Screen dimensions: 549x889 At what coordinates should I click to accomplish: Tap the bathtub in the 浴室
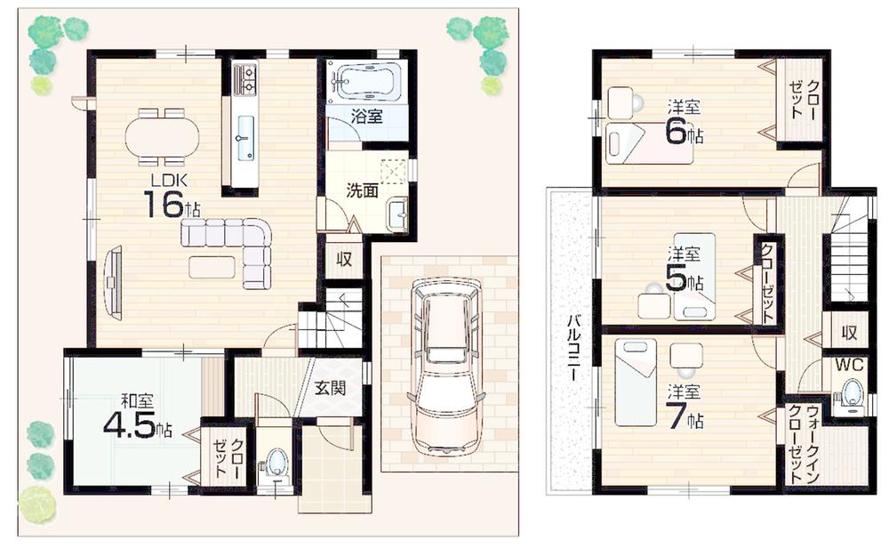coord(364,81)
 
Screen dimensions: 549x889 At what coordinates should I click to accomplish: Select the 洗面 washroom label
coord(363,190)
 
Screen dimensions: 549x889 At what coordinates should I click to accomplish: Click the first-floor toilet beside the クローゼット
coord(276,464)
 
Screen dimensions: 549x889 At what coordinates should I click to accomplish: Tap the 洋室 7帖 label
coord(685,408)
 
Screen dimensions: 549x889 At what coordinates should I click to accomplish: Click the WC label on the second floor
coord(847,365)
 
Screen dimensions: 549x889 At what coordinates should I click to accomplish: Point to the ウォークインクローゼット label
coord(805,444)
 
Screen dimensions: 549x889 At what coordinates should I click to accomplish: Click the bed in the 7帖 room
coord(635,383)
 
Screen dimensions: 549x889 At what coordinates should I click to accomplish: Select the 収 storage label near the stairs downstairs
coord(342,260)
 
